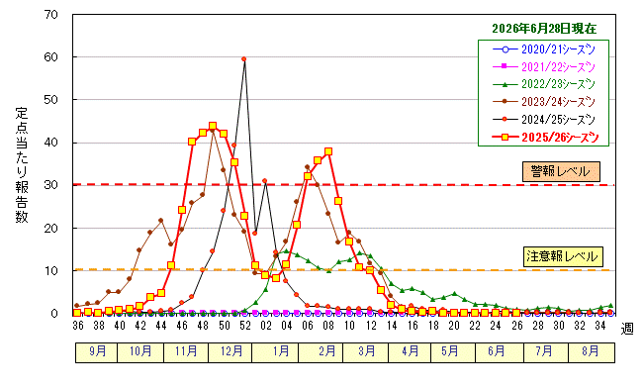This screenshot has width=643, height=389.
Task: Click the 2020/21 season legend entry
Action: tap(544, 49)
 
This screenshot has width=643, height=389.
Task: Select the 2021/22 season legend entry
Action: tap(544, 67)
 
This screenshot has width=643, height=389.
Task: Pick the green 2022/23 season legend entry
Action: tap(544, 84)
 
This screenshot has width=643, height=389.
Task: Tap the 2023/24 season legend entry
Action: tap(544, 102)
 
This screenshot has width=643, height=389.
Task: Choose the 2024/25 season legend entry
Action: tap(544, 120)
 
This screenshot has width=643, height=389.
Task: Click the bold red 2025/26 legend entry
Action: tap(545, 138)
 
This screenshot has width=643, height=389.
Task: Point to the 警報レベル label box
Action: tap(561, 171)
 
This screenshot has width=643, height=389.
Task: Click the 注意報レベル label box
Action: tap(563, 256)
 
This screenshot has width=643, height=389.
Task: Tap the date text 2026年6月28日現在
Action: tap(544, 29)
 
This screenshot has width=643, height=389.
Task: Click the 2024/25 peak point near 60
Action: tap(244, 59)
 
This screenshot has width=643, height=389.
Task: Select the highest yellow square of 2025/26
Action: tap(213, 126)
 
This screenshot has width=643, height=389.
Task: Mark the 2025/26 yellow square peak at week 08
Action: tap(328, 151)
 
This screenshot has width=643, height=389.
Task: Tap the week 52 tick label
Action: tap(244, 326)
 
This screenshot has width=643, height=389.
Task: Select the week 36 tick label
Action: tap(78, 326)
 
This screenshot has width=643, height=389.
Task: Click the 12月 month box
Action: tap(230, 352)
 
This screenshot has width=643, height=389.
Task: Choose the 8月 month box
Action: tap(592, 352)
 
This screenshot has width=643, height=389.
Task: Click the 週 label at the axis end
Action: tap(627, 329)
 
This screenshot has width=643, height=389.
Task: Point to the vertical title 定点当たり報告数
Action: tap(22, 165)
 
